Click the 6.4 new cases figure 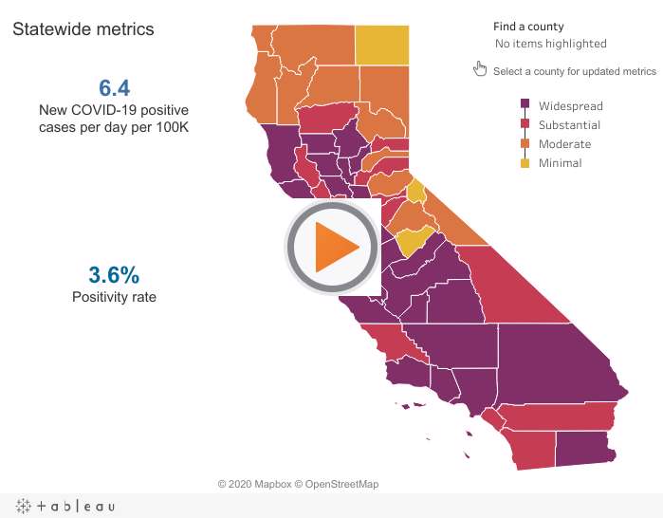click(114, 88)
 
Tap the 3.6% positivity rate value click(114, 275)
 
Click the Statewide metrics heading click(83, 29)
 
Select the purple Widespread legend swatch click(525, 104)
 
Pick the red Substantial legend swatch click(525, 123)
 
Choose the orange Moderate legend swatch click(525, 143)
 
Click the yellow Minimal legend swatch click(525, 163)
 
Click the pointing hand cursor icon click(480, 68)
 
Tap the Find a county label click(528, 27)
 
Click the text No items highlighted click(551, 44)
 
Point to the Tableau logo click(65, 506)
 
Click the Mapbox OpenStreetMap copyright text click(298, 484)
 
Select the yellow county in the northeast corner click(382, 46)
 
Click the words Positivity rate click(114, 297)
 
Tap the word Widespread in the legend click(571, 106)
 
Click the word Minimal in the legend click(561, 163)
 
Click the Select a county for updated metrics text click(575, 71)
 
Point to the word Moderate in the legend click(565, 144)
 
